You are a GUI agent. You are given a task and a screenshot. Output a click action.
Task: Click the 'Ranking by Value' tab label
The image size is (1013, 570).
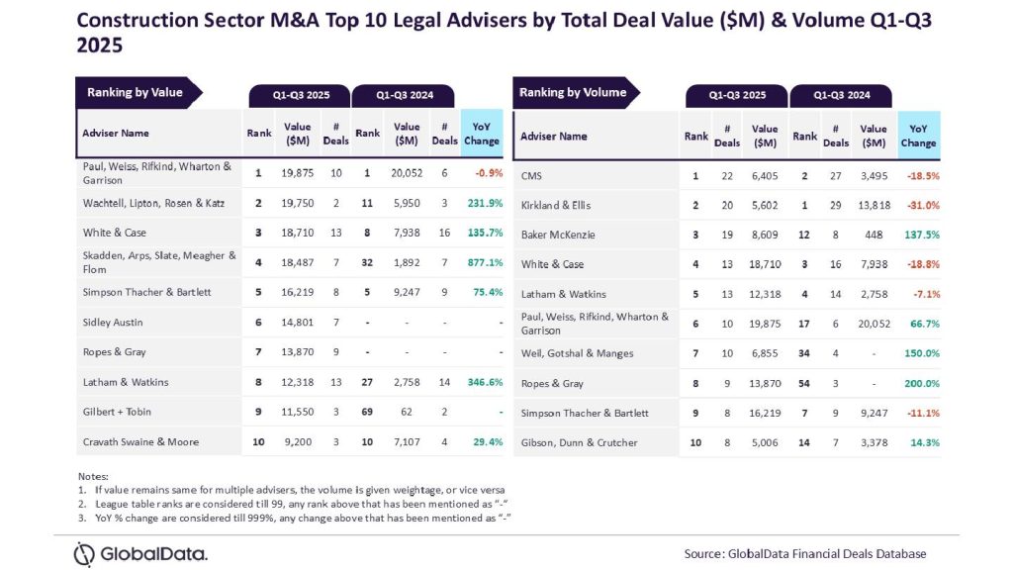coord(136,93)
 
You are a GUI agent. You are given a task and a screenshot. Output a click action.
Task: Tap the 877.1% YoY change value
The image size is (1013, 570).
coord(482,263)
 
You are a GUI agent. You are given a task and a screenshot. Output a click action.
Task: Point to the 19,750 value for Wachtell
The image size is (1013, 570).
coord(298,203)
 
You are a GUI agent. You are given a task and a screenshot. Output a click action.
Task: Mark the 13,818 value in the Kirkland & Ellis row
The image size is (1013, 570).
coord(874,206)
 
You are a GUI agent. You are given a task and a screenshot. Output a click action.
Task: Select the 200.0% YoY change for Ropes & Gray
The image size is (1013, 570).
coord(918,383)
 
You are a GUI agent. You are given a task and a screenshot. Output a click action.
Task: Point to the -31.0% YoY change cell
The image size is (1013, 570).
coord(918,206)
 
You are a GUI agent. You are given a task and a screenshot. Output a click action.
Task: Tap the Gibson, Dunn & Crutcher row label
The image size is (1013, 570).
coord(579,442)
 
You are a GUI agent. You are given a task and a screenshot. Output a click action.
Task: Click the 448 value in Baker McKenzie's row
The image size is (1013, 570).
coord(874,236)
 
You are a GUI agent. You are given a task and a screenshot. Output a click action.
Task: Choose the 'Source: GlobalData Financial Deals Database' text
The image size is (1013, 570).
coord(805,554)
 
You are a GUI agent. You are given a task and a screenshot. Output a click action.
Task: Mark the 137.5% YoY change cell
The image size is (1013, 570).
coord(918,236)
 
